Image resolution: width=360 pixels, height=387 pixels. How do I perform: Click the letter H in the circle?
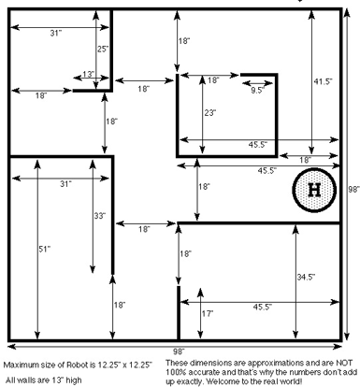314,190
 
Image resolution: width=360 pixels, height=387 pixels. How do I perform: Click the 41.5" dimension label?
323,81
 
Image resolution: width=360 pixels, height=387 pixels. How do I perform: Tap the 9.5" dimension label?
257,91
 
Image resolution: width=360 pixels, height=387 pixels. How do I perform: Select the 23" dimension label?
210,112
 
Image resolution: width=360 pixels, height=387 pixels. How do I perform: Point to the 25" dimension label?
103,49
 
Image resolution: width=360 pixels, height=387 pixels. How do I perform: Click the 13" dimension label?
89,74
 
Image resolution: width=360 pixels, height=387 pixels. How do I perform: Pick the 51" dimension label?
45,249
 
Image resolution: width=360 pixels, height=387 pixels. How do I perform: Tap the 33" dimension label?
100,216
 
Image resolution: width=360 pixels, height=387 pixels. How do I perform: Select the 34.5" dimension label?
306,277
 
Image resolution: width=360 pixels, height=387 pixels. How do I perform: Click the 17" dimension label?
208,313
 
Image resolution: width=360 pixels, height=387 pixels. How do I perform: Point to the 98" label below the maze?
179,351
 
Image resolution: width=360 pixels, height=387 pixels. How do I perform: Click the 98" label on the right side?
354,189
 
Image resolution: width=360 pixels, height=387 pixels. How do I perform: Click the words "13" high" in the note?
65,380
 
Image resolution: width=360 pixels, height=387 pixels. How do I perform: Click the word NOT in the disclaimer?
344,363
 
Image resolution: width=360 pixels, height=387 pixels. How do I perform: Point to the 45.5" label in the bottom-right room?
263,307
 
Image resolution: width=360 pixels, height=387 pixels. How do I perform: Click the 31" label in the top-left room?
56,33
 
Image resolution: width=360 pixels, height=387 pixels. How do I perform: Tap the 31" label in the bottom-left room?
65,184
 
